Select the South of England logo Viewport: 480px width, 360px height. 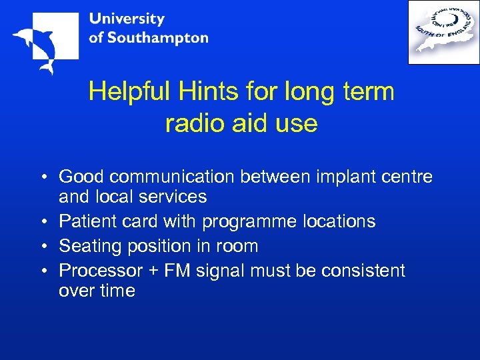pyautogui.click(x=443, y=32)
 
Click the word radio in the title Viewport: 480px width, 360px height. pyautogui.click(x=194, y=123)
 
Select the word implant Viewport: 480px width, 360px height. pyautogui.click(x=342, y=177)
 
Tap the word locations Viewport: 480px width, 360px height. pyautogui.click(x=339, y=221)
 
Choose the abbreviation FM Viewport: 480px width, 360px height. pyautogui.click(x=177, y=271)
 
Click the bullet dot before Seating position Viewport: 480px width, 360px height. pyautogui.click(x=42, y=247)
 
